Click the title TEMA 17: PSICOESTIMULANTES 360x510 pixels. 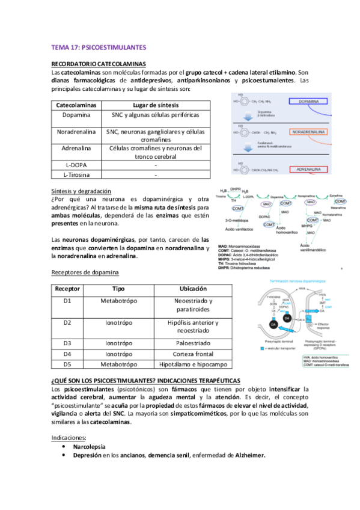[x=99, y=46]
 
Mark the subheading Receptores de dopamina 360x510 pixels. [x=85, y=272]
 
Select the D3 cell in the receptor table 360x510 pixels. [x=67, y=343]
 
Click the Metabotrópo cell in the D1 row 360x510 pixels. [x=121, y=300]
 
